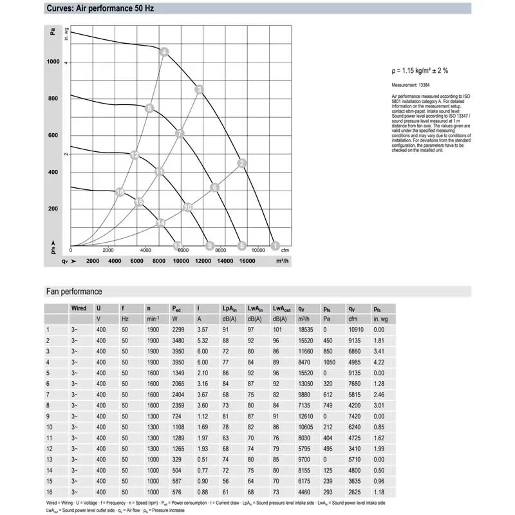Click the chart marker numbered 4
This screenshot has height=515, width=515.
[164, 52]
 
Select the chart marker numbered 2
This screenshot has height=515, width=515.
[242, 163]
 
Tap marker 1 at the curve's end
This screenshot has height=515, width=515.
[276, 245]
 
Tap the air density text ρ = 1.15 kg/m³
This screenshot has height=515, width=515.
[420, 71]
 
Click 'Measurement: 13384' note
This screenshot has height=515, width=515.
[411, 85]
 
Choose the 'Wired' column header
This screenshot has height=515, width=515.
[79, 308]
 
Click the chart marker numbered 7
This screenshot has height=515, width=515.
[180, 134]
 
